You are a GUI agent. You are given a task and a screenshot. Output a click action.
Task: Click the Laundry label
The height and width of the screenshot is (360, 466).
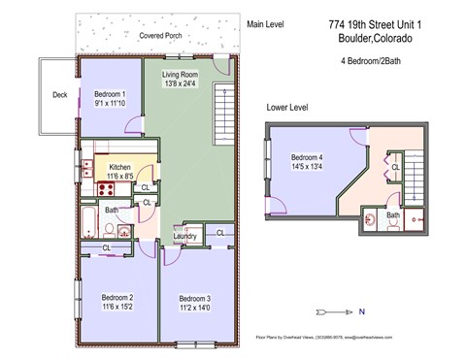pyautogui.click(x=185, y=236)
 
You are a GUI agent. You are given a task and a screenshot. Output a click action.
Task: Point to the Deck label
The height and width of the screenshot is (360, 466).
pyautogui.click(x=60, y=95)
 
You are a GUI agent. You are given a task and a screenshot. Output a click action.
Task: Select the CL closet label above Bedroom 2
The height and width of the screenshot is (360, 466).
pyautogui.click(x=106, y=248)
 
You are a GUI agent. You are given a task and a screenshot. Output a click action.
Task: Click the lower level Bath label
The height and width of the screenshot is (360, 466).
pyautogui.click(x=393, y=215)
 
